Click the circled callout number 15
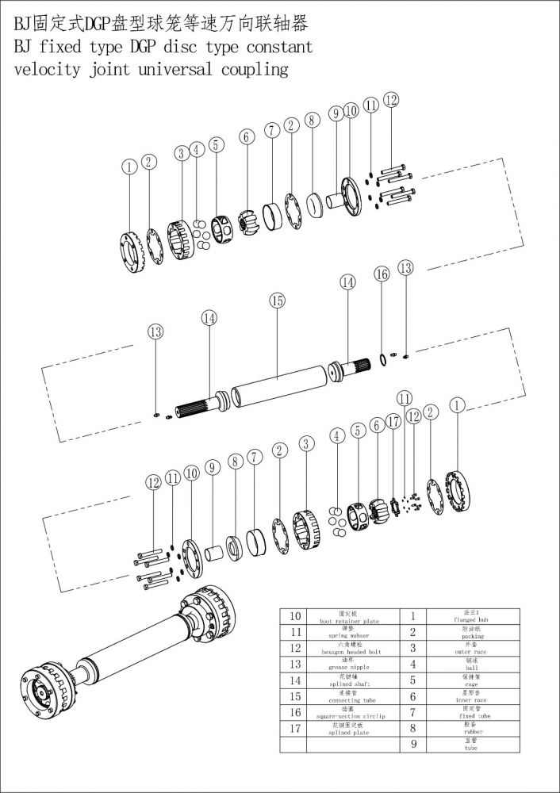(x=277, y=301)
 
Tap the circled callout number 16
(x=382, y=274)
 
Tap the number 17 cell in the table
(x=295, y=728)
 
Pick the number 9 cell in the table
(x=413, y=745)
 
